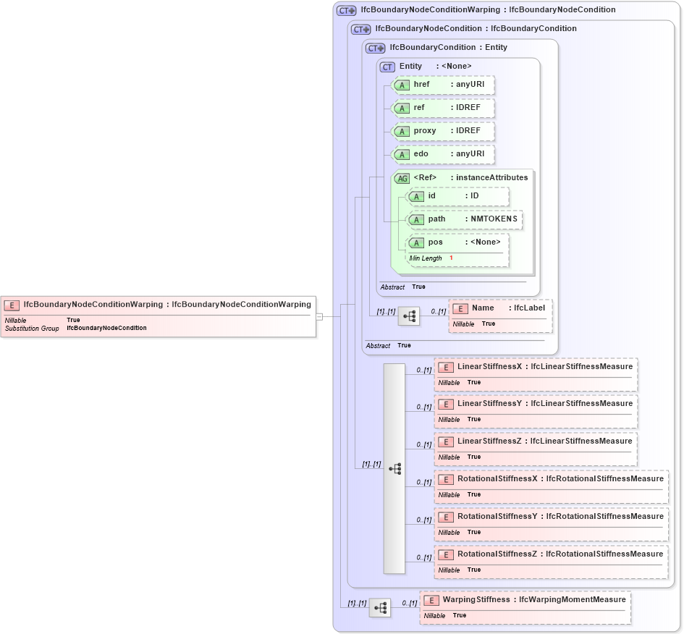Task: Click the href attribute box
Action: tap(442, 85)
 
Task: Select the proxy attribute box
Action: tap(442, 131)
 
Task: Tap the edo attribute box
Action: tap(442, 154)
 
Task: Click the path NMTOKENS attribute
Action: tap(463, 219)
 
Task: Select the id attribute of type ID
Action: tap(457, 196)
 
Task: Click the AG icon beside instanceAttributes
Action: tap(401, 178)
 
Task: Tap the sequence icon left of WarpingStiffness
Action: tap(380, 608)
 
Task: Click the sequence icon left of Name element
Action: tap(409, 316)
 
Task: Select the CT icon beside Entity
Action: tap(387, 67)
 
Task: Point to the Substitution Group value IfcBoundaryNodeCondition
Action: tap(106, 328)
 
